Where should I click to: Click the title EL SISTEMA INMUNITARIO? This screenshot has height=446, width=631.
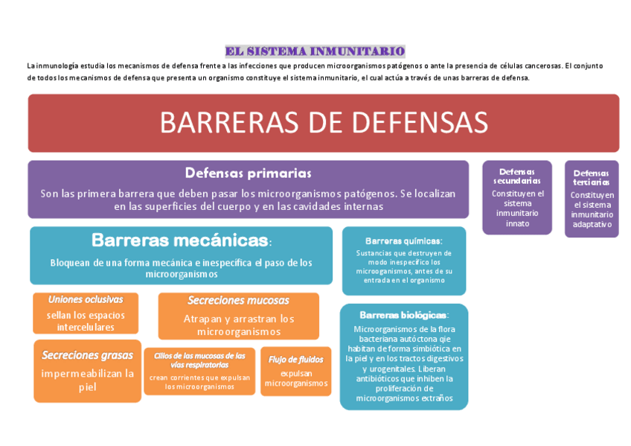315,51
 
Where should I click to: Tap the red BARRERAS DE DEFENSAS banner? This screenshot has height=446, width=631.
323,123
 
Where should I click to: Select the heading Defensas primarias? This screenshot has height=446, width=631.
248,173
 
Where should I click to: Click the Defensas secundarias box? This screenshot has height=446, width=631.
517,197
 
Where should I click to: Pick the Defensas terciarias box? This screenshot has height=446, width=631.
592,199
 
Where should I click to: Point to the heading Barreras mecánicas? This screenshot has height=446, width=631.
179,240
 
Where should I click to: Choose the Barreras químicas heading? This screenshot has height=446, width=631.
403,240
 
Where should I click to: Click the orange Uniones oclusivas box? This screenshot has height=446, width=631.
86,313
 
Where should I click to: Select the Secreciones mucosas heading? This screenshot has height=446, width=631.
238,300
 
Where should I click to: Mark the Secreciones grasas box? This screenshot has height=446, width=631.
87,371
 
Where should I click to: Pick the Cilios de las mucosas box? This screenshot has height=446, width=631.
199,371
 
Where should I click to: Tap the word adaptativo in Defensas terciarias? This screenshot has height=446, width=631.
592,224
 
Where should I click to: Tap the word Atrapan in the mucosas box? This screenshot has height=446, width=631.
201,318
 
